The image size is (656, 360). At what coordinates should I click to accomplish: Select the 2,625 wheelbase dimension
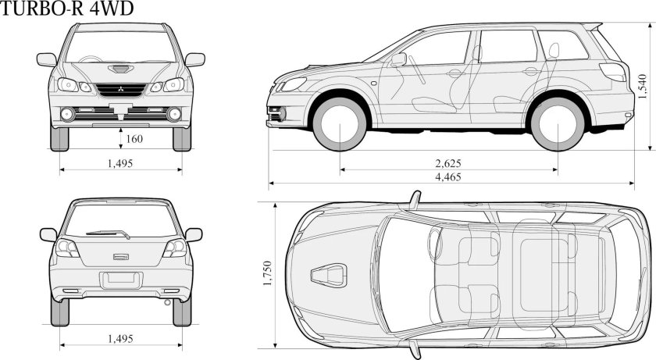coord(448,163)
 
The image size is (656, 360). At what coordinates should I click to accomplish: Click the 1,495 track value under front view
coord(120,163)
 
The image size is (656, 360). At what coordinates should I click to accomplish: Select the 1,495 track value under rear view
coord(120,338)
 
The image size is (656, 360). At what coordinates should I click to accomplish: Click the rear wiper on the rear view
coord(109,232)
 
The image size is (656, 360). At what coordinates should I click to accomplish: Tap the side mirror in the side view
coord(398,59)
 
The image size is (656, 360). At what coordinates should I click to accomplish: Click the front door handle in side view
coord(455,73)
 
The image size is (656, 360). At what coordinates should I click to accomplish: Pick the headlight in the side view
coord(292,84)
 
